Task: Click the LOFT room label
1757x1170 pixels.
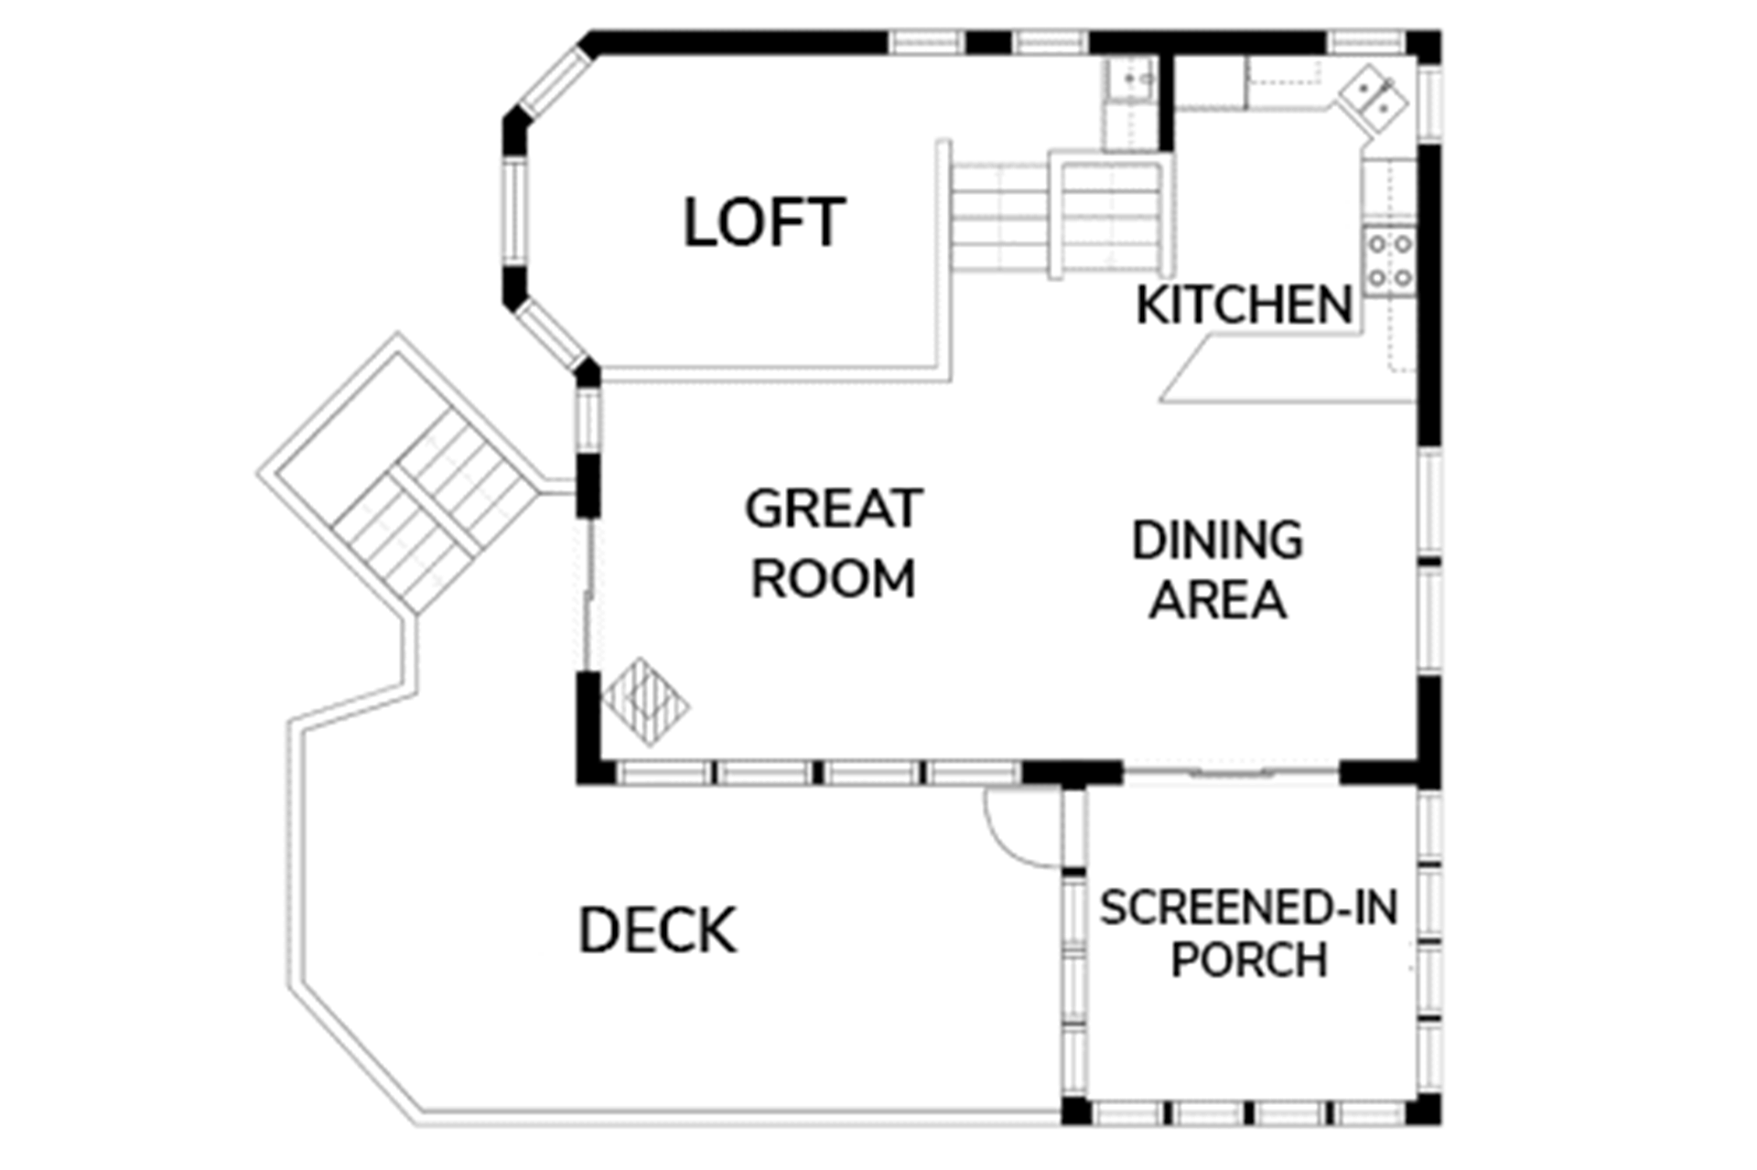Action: (x=764, y=222)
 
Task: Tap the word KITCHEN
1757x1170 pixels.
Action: (x=1245, y=305)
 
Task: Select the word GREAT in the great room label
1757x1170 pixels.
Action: (x=834, y=509)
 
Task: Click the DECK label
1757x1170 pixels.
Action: (x=657, y=931)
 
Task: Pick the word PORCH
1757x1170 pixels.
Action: (x=1249, y=960)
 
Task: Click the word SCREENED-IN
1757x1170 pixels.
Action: (x=1249, y=907)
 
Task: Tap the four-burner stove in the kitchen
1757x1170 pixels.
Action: (x=1389, y=260)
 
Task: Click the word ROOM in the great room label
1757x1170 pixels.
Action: (x=834, y=579)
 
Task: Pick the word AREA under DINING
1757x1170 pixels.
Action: (x=1218, y=600)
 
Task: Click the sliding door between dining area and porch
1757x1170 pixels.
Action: (x=1231, y=774)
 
